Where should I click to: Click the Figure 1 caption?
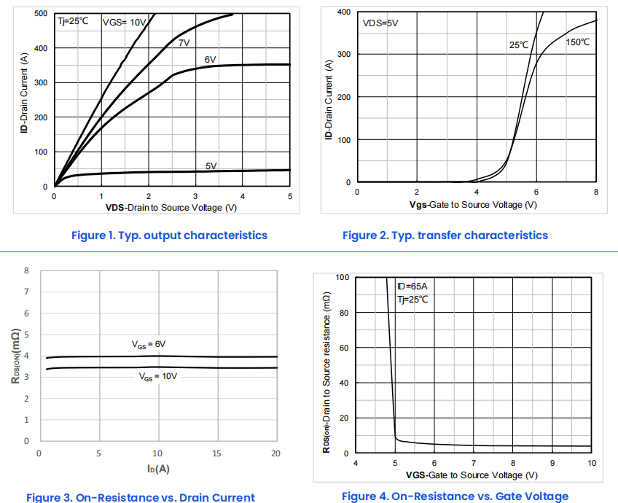click(x=169, y=235)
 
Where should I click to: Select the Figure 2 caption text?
click(x=445, y=235)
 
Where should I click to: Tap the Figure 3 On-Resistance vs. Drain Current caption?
click(x=141, y=497)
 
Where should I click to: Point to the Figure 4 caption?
click(x=455, y=496)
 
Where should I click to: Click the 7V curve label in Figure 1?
click(x=184, y=43)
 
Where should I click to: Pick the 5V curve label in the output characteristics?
click(x=211, y=166)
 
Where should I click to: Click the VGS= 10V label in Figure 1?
click(x=125, y=22)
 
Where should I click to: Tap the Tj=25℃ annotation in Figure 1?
click(x=73, y=21)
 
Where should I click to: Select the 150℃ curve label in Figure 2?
click(x=577, y=42)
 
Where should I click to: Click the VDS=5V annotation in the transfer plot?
click(x=380, y=23)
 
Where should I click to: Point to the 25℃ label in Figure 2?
click(x=519, y=45)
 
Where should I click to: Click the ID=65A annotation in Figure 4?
click(x=412, y=286)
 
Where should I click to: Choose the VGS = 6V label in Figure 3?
click(x=149, y=344)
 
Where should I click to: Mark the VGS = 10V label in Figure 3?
click(x=158, y=377)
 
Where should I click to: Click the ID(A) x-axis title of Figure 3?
click(x=157, y=469)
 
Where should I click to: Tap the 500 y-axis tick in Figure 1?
click(x=41, y=14)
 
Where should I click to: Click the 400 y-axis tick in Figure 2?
click(x=343, y=12)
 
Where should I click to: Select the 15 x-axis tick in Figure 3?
click(x=216, y=453)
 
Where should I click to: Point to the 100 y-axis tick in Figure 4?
click(x=342, y=278)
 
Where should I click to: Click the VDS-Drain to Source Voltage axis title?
click(x=171, y=208)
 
